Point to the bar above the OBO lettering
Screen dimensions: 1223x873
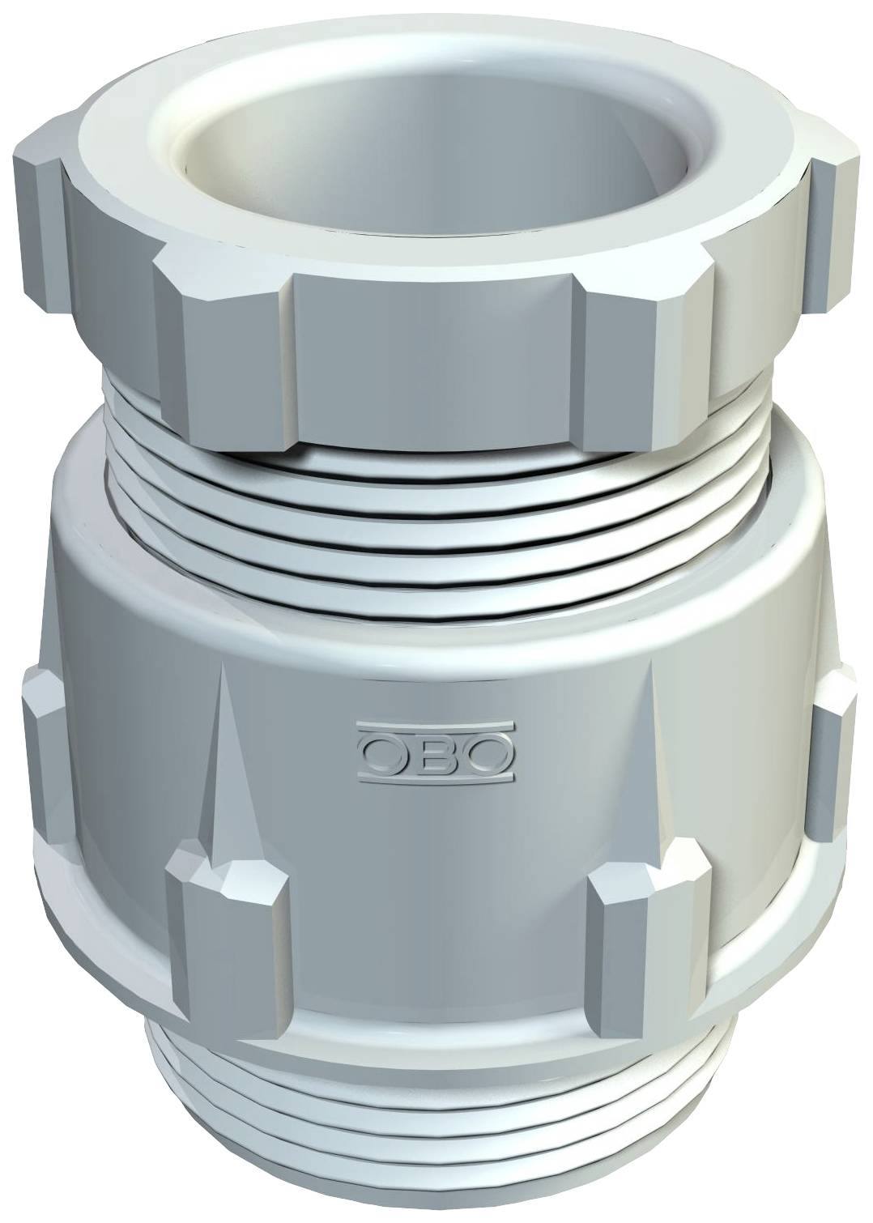coord(435,725)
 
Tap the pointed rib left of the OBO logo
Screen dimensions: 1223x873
coord(221,753)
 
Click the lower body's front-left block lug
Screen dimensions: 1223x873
coord(227,931)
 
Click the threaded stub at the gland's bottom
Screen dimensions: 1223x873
coord(437,1150)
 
